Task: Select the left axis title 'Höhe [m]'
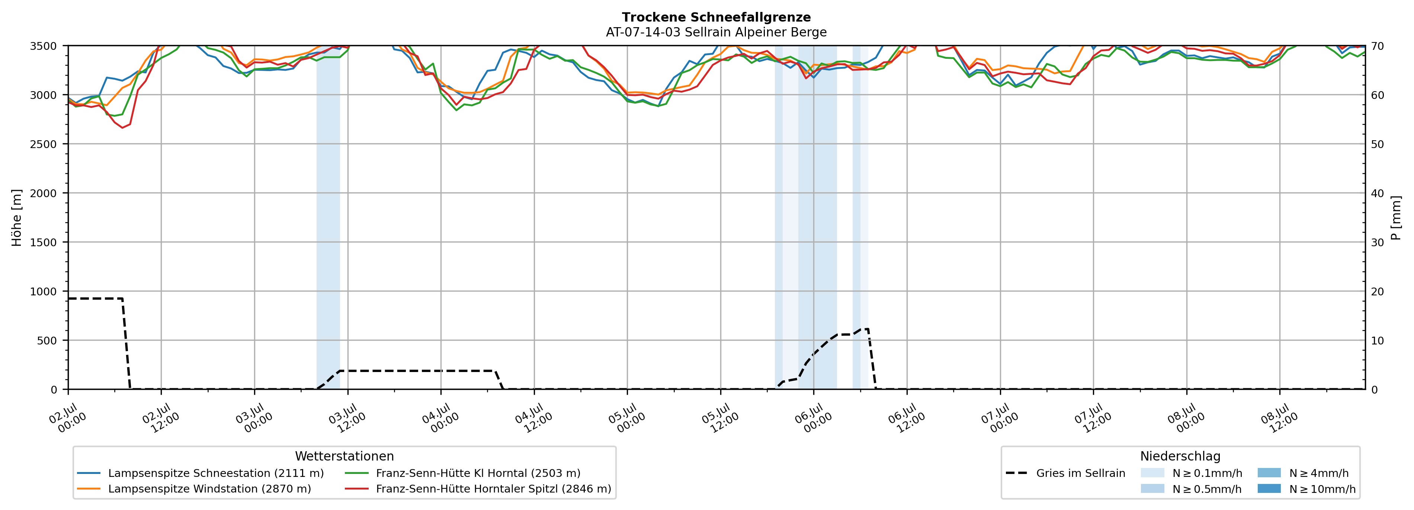click(17, 217)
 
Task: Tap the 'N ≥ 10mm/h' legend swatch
click(1269, 488)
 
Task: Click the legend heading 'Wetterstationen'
click(344, 456)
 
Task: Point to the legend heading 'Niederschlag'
click(1180, 456)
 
